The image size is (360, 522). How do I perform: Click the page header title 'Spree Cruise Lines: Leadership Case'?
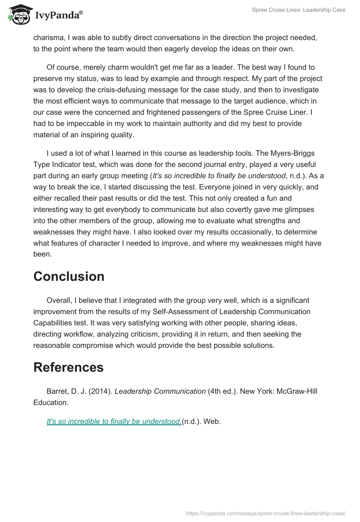299,10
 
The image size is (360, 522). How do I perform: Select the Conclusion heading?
69,276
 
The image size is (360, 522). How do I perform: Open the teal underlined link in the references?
114,422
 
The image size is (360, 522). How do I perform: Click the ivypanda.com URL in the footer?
265,513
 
